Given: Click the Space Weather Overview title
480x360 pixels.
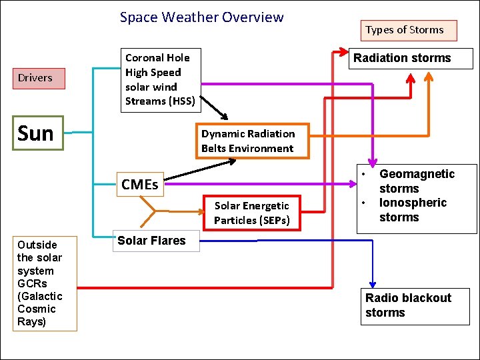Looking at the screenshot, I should [x=201, y=17].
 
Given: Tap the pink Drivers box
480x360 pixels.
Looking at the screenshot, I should [x=35, y=78].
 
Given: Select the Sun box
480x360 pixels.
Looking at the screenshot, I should [x=37, y=133].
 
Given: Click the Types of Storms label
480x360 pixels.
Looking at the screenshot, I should [x=404, y=30].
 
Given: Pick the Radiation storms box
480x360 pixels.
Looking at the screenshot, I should [x=411, y=59].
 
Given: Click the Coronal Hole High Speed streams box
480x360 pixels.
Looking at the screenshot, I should [x=160, y=79].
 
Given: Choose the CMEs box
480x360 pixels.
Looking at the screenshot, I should [x=139, y=185].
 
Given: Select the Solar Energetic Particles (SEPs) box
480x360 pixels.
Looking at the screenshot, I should [x=252, y=213].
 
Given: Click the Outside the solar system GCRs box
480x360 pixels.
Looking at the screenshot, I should [x=40, y=283].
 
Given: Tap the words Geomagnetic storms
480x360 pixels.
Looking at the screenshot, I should [x=416, y=181].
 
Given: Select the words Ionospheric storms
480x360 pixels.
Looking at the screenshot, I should [x=412, y=210].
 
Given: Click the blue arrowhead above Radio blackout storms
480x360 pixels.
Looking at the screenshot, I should [x=373, y=283].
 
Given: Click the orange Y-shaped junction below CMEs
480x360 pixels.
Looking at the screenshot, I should [x=154, y=212].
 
